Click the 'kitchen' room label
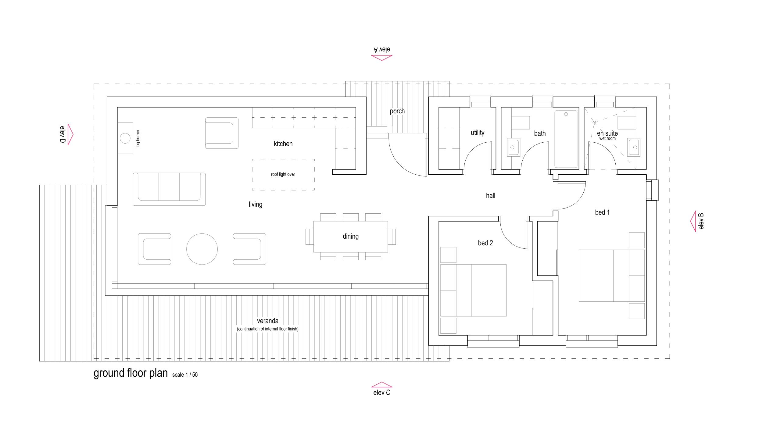pyautogui.click(x=283, y=144)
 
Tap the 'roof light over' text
pyautogui.click(x=283, y=174)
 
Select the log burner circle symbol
pyautogui.click(x=125, y=138)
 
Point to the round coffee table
pyautogui.click(x=202, y=249)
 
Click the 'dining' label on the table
pyautogui.click(x=351, y=237)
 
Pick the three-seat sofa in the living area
pyautogui.click(x=169, y=189)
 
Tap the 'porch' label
pyautogui.click(x=397, y=111)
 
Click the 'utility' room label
pyautogui.click(x=478, y=133)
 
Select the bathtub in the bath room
pyautogui.click(x=566, y=139)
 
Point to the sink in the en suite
pyautogui.click(x=634, y=147)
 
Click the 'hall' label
pyautogui.click(x=490, y=196)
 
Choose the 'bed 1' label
pyautogui.click(x=602, y=212)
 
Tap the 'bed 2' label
pyautogui.click(x=485, y=243)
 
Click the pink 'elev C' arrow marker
pyautogui.click(x=381, y=385)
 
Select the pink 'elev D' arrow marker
pyautogui.click(x=70, y=134)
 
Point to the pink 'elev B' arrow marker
pyautogui.click(x=693, y=221)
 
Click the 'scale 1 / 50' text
pyautogui.click(x=185, y=375)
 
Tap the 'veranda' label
pyautogui.click(x=267, y=321)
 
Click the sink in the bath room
pyautogui.click(x=514, y=147)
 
